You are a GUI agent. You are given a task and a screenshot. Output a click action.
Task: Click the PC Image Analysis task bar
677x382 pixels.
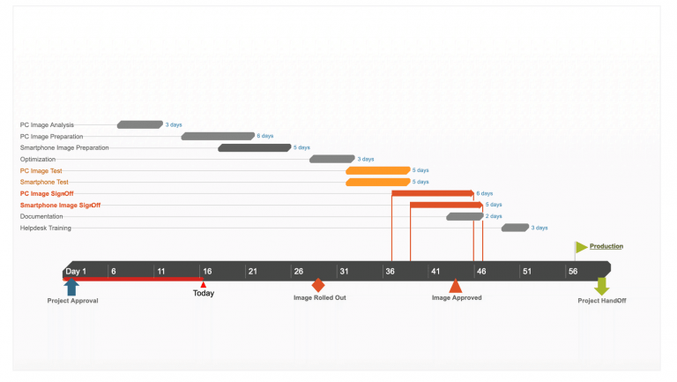[x=140, y=124]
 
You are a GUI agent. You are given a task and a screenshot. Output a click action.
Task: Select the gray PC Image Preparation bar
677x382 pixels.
[x=218, y=136]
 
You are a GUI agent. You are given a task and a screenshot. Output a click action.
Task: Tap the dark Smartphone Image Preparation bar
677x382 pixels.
[x=255, y=147]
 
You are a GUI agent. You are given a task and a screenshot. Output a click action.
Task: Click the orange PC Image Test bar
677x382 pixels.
[x=378, y=170]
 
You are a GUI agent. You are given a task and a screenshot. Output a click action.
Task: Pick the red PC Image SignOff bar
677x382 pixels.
[x=433, y=193]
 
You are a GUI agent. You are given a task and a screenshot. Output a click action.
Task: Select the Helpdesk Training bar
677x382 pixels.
[x=515, y=228]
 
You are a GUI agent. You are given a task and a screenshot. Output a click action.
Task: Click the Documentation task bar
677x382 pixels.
[x=465, y=216]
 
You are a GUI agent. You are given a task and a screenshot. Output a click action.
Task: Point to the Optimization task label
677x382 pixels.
[x=38, y=160]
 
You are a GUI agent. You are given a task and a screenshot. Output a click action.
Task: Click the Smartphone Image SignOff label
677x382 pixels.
[x=60, y=205]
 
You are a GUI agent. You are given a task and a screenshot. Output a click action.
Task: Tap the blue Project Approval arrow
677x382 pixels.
[x=72, y=287]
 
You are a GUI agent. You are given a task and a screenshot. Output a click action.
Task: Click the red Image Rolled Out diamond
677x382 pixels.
[x=318, y=285]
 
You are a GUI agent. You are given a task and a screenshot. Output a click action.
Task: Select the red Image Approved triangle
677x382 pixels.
[x=456, y=285]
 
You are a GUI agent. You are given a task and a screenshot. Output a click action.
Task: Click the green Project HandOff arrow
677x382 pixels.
[x=601, y=287]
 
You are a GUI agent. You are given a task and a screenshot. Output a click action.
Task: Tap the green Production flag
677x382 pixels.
[x=581, y=247]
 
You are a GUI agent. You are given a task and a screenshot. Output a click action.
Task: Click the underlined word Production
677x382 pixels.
[x=606, y=246]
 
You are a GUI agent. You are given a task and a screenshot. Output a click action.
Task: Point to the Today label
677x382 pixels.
[x=204, y=293]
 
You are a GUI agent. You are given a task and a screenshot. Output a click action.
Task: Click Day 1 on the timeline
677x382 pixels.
[x=76, y=271]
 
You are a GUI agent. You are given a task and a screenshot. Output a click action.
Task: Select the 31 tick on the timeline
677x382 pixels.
[x=344, y=271]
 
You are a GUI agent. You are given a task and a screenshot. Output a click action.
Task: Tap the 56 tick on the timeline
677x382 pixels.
[x=573, y=271]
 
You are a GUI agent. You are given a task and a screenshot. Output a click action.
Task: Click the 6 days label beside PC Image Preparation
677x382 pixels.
[x=264, y=136]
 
